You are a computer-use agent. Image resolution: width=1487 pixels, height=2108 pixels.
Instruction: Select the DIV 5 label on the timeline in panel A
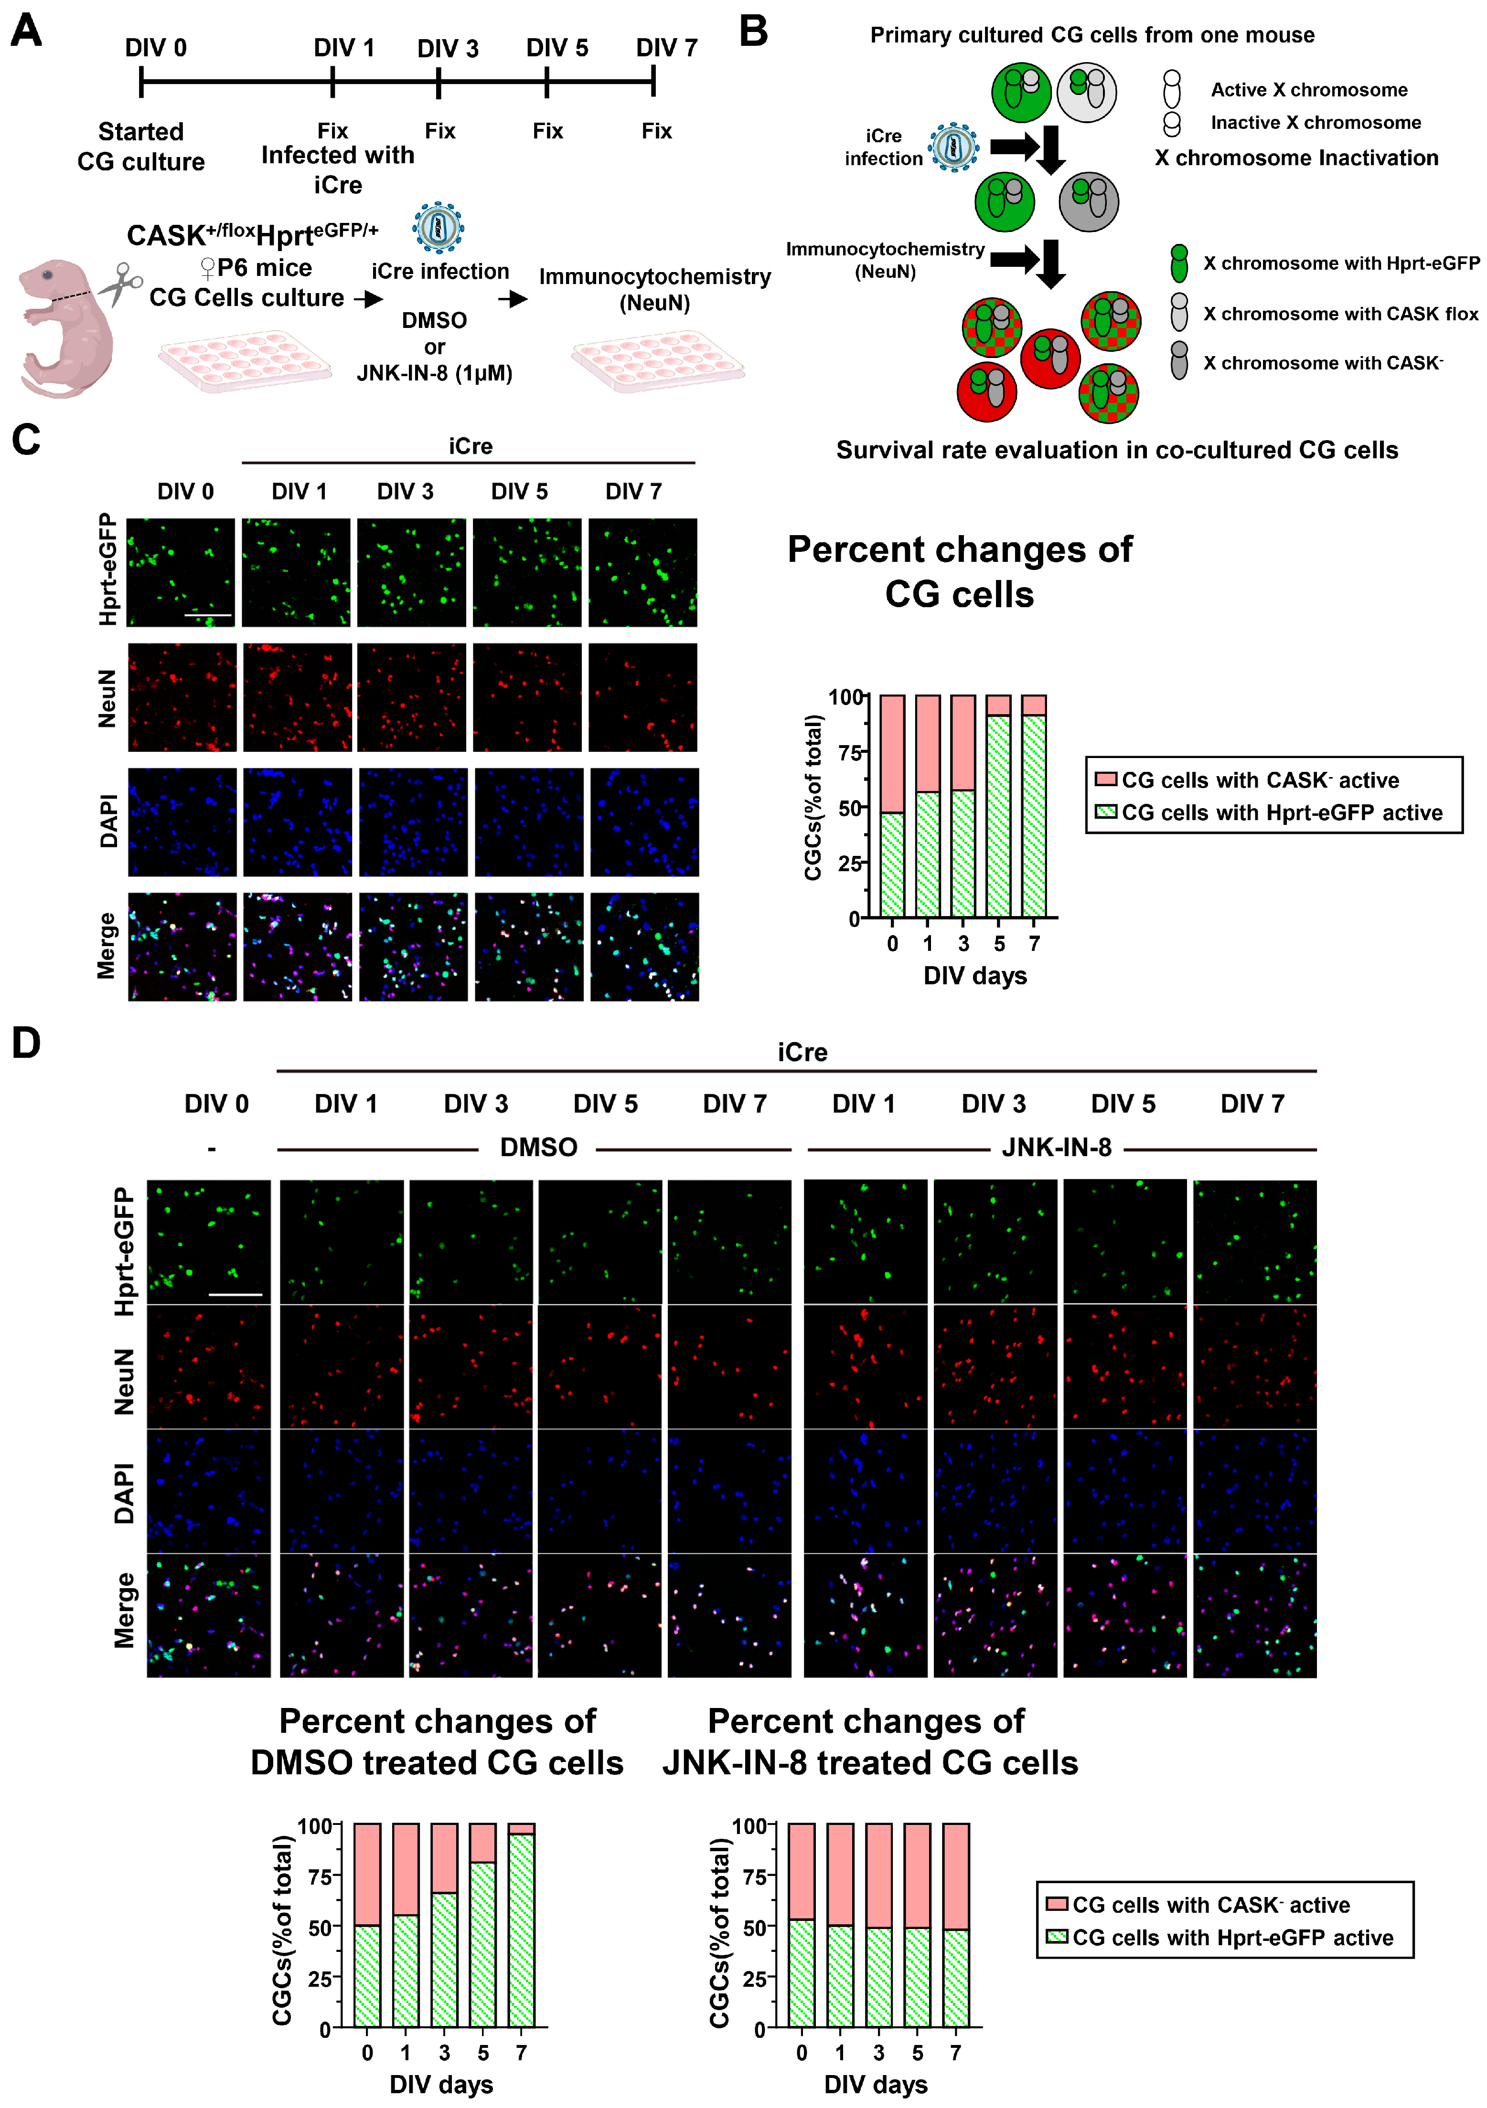click(556, 48)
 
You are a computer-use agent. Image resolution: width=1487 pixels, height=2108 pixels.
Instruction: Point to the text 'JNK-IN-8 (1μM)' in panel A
click(434, 374)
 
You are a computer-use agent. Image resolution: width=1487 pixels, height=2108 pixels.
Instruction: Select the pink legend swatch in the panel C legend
click(1106, 780)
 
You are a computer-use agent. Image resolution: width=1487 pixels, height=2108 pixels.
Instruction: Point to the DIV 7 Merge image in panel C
click(644, 947)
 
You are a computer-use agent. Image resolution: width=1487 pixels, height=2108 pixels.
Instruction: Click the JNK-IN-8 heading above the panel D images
click(1056, 1148)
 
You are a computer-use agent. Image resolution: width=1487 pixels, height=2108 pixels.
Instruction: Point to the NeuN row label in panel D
click(124, 1382)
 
